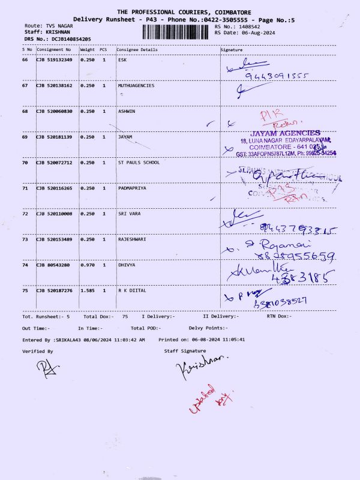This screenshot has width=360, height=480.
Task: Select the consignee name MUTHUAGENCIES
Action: click(x=136, y=86)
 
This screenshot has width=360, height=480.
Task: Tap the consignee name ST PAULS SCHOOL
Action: click(x=139, y=162)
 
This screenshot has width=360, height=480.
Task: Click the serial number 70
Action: click(x=25, y=162)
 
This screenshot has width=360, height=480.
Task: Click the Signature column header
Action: click(x=232, y=49)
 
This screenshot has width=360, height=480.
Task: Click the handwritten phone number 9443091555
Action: click(x=277, y=77)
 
